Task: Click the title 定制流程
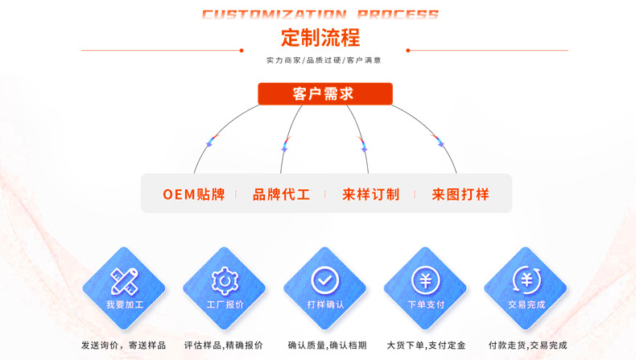click(320, 38)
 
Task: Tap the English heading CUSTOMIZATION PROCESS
click(320, 14)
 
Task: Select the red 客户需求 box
click(324, 93)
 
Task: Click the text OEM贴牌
click(194, 194)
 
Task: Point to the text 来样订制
click(370, 194)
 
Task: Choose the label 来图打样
click(460, 194)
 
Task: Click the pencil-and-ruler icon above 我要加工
click(124, 279)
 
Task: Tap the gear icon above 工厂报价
click(225, 279)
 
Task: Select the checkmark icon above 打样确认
click(325, 279)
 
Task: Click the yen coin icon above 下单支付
click(425, 279)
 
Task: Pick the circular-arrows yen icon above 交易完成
click(527, 279)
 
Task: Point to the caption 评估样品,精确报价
click(224, 346)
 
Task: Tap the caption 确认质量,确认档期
click(325, 346)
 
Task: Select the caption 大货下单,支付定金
click(426, 346)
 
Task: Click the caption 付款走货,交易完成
click(527, 346)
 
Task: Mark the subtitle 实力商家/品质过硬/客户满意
click(324, 60)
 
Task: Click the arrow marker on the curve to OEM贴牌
click(211, 142)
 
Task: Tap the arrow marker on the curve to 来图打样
click(440, 142)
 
